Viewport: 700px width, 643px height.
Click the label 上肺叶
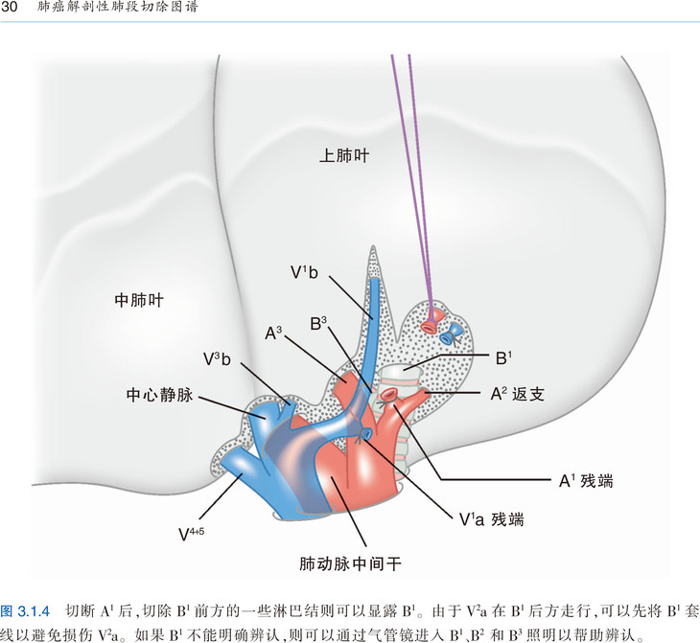pyautogui.click(x=344, y=156)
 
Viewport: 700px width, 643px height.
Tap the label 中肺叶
pyautogui.click(x=139, y=300)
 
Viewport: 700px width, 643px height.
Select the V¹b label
pyautogui.click(x=304, y=272)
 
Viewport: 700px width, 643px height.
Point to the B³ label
pyautogui.click(x=318, y=324)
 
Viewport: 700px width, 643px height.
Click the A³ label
pyautogui.click(x=273, y=333)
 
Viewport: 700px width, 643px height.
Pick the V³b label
pyautogui.click(x=217, y=358)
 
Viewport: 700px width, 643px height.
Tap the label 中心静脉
pyautogui.click(x=159, y=395)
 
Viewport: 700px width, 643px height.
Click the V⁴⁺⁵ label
pyautogui.click(x=191, y=534)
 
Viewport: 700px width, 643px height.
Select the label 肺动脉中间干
pyautogui.click(x=350, y=564)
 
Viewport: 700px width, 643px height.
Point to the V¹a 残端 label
pyautogui.click(x=491, y=519)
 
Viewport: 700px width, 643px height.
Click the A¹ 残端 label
pyautogui.click(x=586, y=481)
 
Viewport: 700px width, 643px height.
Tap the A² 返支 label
pyautogui.click(x=518, y=394)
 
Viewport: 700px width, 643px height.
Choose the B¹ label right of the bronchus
pyautogui.click(x=503, y=357)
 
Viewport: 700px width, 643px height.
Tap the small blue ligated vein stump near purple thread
pyautogui.click(x=450, y=334)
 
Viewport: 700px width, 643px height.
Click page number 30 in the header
pyautogui.click(x=10, y=7)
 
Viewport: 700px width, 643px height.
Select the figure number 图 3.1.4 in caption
pyautogui.click(x=25, y=610)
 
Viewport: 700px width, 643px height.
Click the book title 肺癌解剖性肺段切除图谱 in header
pyautogui.click(x=117, y=7)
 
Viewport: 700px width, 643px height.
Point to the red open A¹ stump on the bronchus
pyautogui.click(x=388, y=394)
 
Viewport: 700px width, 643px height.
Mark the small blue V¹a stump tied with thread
pyautogui.click(x=365, y=433)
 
